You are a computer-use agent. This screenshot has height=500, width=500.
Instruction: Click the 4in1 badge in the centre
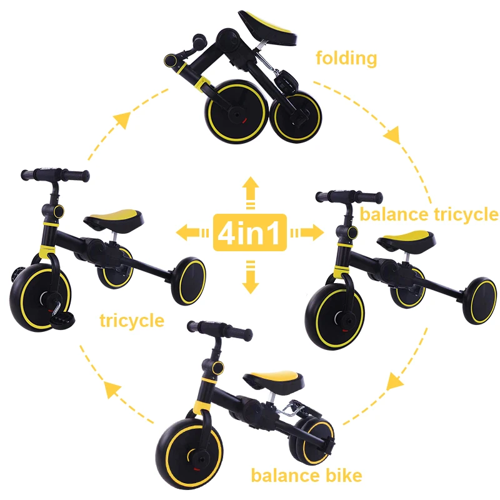[x=250, y=232]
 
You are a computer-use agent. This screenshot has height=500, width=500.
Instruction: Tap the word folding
[x=346, y=59]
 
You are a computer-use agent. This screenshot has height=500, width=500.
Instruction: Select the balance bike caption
[x=306, y=476]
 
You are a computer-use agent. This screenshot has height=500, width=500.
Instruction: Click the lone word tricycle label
[x=132, y=321]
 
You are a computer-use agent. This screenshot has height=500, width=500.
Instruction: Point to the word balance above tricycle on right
[x=394, y=215]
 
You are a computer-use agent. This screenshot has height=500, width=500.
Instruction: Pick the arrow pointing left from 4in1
[x=191, y=233]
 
